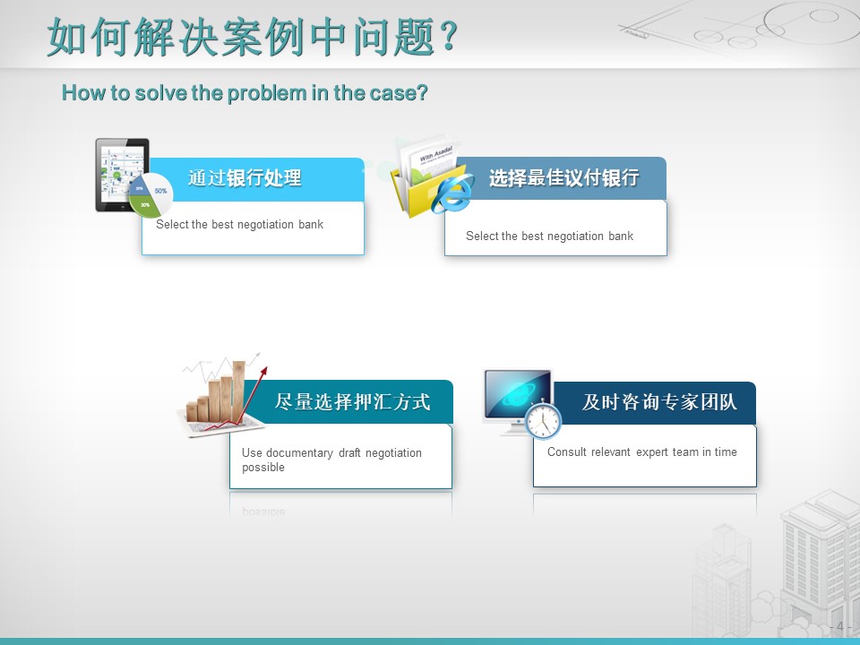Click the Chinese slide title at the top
pos(253,37)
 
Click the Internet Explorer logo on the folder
pos(451,193)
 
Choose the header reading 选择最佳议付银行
pos(563,177)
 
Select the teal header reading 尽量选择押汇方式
pos(351,402)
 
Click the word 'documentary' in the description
pos(299,453)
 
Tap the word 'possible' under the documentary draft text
pos(263,468)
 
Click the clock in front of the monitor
pos(543,420)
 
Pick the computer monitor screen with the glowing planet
pos(518,394)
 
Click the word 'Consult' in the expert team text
pos(567,451)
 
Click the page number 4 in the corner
pos(839,626)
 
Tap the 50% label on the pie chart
pos(160,191)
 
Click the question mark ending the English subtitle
pos(422,93)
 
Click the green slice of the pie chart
pos(142,205)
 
